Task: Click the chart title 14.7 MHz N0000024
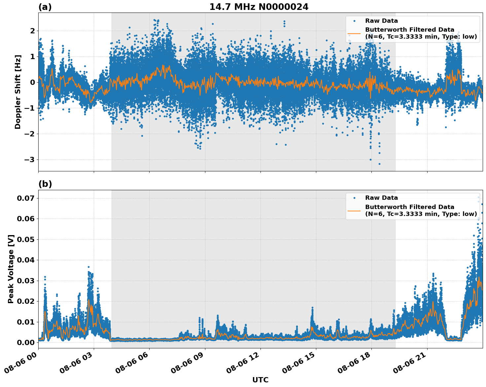click(259, 7)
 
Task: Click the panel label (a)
click(45, 7)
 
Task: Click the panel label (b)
click(45, 184)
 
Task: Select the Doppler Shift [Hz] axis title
click(18, 92)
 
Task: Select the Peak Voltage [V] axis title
click(11, 269)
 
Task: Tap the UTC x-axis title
click(260, 380)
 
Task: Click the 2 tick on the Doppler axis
click(32, 31)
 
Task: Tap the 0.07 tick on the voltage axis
click(26, 198)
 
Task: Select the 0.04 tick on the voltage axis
click(26, 260)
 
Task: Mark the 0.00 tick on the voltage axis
click(26, 342)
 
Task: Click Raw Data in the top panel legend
click(381, 21)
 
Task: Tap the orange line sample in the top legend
click(354, 33)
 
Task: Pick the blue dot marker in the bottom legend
click(354, 198)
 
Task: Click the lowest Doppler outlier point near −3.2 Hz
click(379, 164)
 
